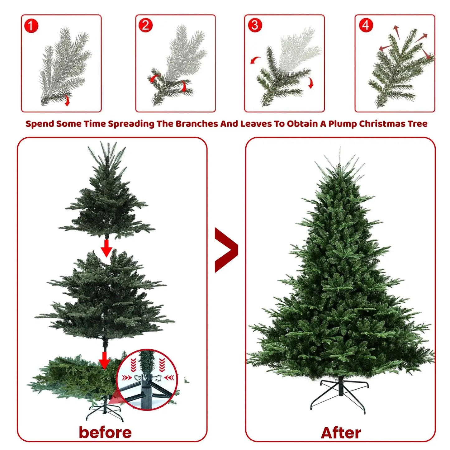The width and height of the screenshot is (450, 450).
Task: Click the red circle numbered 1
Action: point(31,26)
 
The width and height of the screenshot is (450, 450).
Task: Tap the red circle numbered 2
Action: point(145,25)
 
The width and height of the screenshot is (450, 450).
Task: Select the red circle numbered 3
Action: point(255,25)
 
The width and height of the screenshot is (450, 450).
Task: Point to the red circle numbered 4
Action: point(366,25)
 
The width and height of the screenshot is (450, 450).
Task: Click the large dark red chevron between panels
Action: point(226,250)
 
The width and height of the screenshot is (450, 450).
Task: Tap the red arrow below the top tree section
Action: point(106,248)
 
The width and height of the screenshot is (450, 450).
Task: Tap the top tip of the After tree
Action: point(340,147)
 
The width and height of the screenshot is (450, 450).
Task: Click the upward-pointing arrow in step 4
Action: point(396,32)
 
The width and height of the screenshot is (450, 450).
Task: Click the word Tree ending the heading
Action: point(418,124)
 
